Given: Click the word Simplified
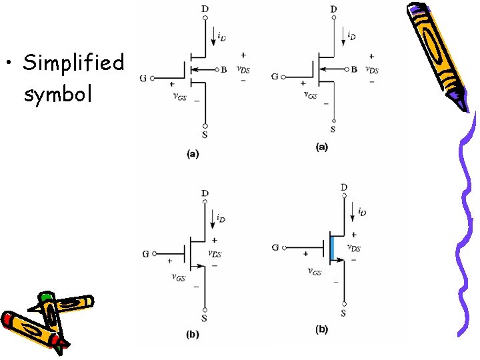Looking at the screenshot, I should click(x=73, y=63).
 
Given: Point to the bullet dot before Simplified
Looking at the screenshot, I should click(x=9, y=64).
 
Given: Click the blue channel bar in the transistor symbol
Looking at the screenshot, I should click(x=331, y=247).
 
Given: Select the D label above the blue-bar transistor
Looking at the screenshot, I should click(x=343, y=187).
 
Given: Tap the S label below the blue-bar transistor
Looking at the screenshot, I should click(x=343, y=313).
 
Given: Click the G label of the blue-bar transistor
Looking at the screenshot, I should click(x=275, y=247).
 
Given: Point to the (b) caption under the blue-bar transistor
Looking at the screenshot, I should click(x=321, y=329).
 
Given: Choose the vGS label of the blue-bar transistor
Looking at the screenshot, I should click(x=314, y=271).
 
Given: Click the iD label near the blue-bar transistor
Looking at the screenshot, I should click(x=361, y=212).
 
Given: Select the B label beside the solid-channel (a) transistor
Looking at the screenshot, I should click(x=354, y=68).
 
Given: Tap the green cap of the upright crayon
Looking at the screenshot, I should click(x=45, y=297).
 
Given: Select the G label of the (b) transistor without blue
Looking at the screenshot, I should click(x=145, y=253).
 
